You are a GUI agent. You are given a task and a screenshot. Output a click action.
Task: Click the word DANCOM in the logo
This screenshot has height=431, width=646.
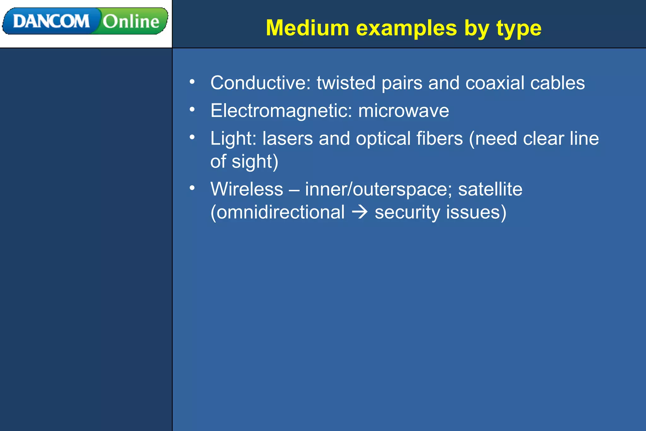51,21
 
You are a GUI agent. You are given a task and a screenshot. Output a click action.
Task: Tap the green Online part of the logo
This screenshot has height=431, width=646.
131,21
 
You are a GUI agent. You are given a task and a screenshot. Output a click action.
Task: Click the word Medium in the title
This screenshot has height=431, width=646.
307,28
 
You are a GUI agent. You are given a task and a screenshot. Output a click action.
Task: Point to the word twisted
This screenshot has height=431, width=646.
346,83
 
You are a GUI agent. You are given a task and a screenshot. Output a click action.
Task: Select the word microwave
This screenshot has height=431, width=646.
403,111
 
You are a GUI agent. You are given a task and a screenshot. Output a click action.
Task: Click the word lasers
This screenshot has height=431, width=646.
287,139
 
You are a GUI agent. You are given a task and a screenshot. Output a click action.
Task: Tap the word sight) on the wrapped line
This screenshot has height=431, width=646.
255,162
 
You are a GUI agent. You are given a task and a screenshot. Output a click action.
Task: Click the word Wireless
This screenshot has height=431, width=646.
247,189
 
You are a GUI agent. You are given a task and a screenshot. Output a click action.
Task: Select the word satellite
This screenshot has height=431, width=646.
490,189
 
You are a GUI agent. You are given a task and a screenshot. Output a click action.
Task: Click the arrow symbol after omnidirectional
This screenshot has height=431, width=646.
360,212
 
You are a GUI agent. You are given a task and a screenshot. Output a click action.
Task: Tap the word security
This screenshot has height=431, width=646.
407,212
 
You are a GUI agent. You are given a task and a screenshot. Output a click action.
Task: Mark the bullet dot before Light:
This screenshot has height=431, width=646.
192,137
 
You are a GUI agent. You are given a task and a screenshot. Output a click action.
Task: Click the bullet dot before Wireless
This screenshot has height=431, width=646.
192,188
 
